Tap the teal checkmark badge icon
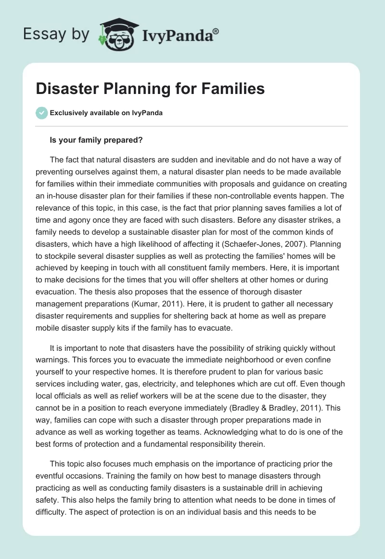tap(41, 113)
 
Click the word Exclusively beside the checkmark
tap(67, 113)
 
